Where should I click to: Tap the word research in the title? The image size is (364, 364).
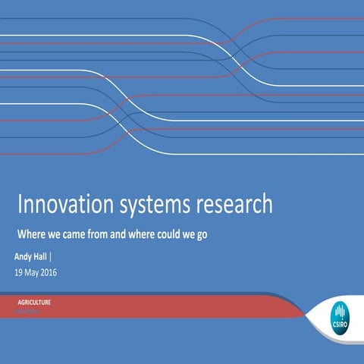coord(234,205)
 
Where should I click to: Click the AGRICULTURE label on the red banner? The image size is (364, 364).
coord(34,302)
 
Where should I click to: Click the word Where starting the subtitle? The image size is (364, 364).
coord(31,234)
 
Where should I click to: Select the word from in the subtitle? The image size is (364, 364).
coord(99,234)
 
